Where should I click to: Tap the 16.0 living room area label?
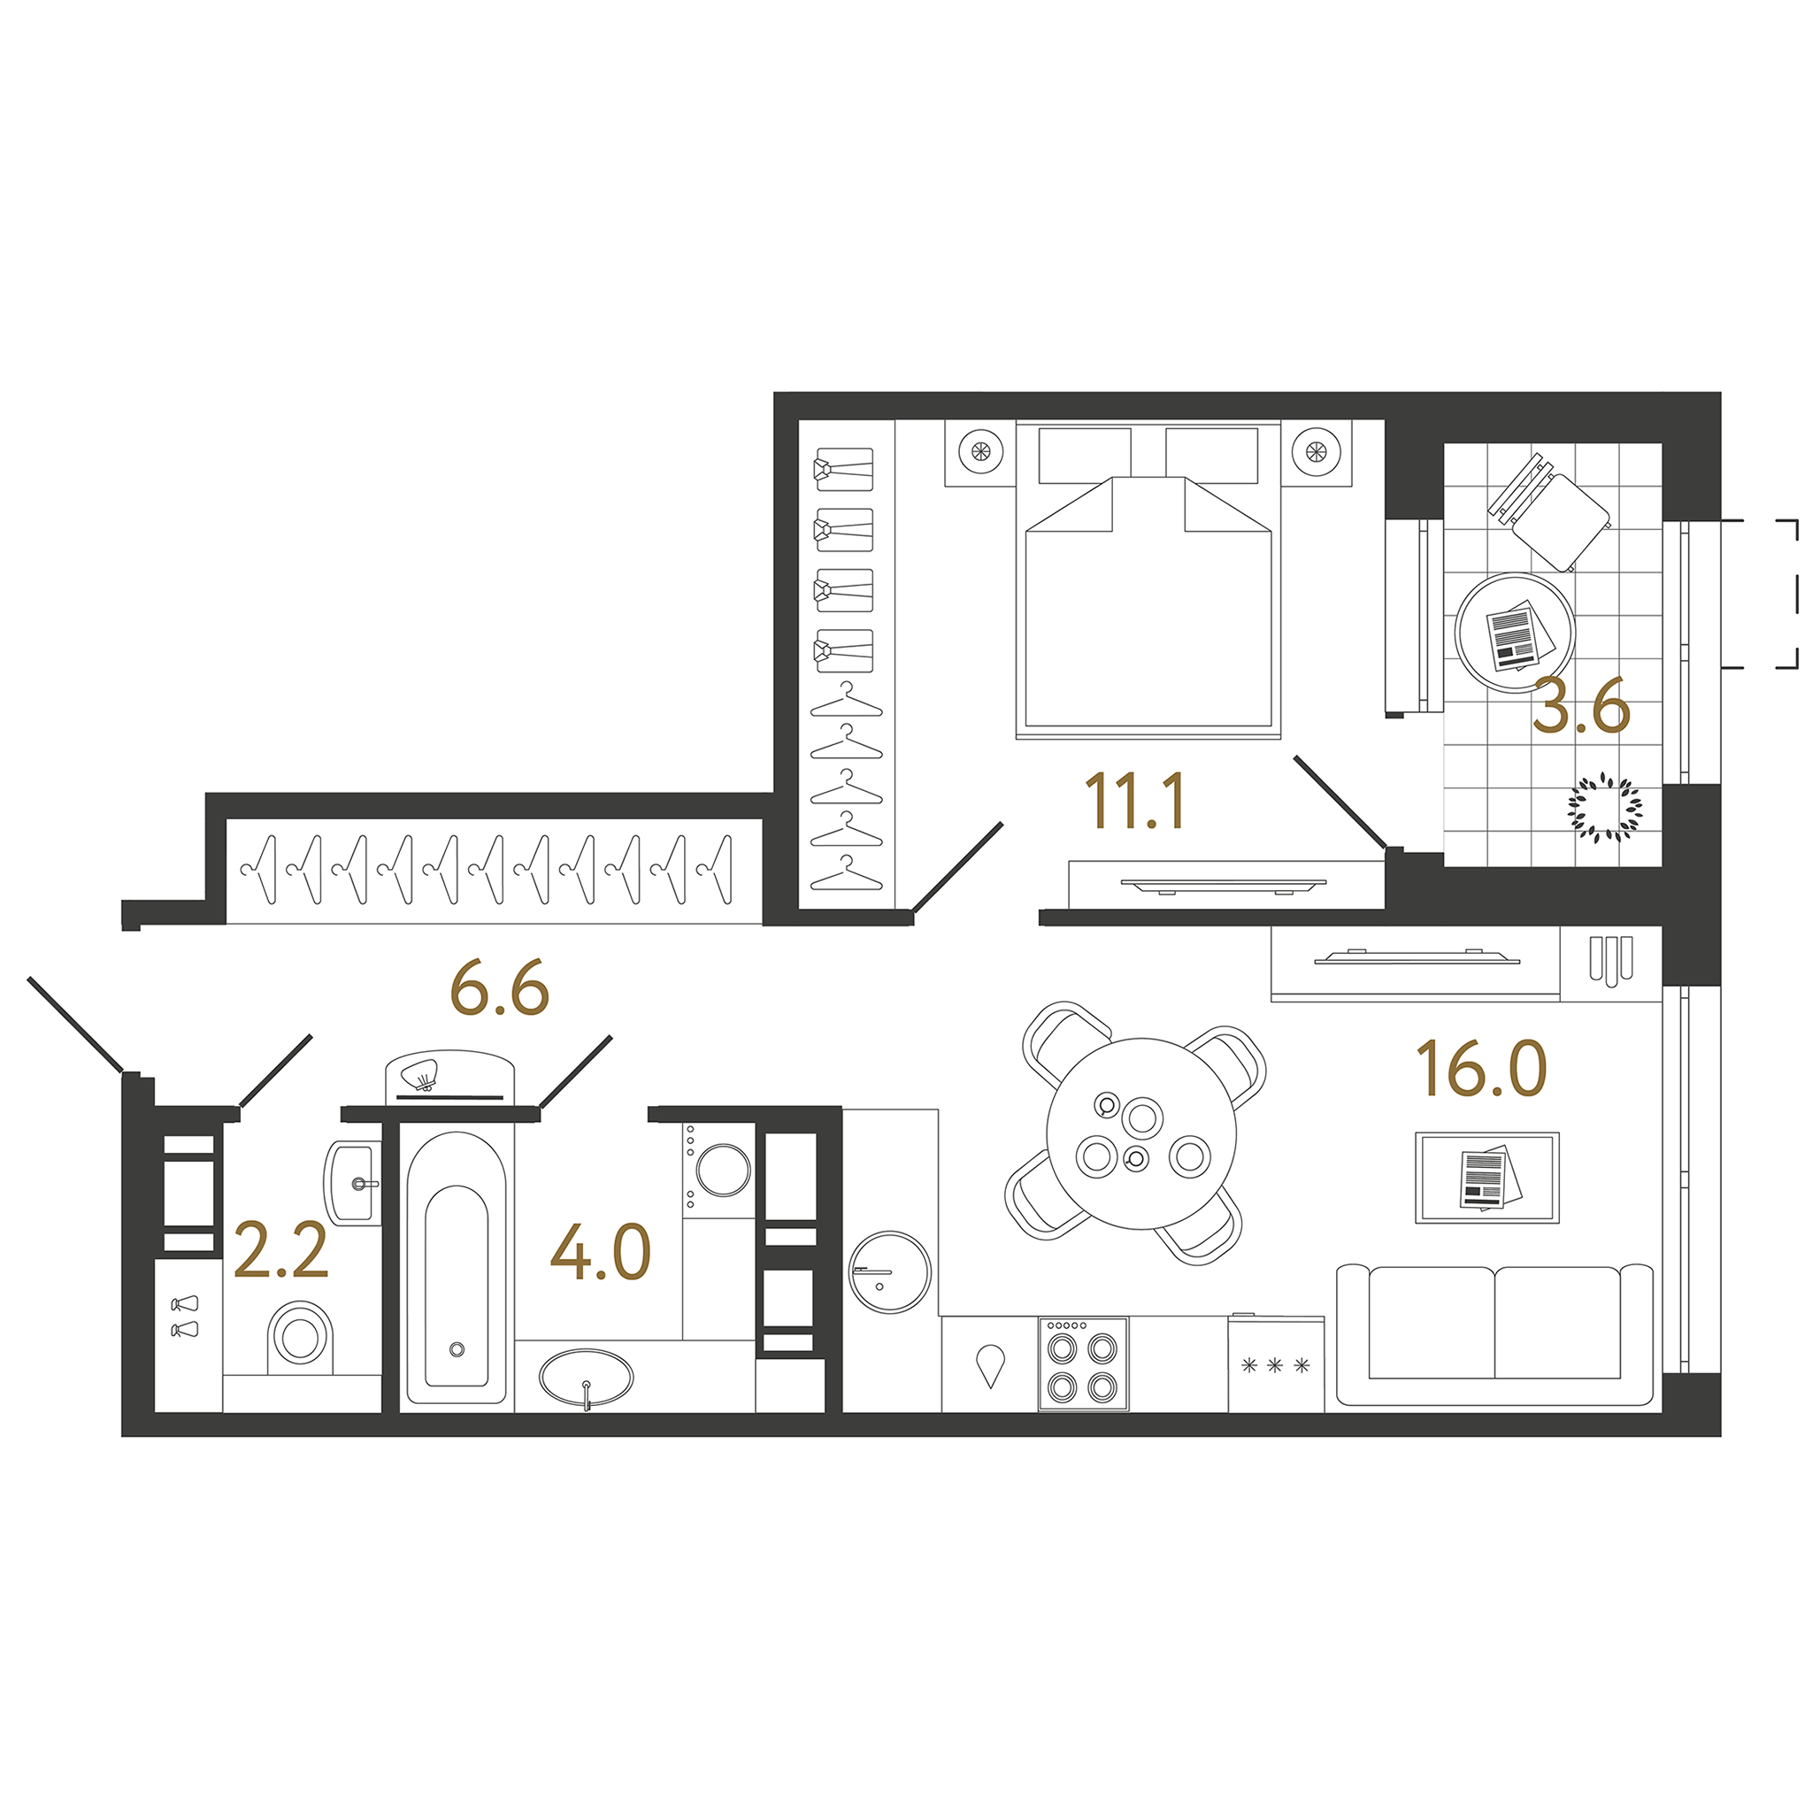click(1481, 1068)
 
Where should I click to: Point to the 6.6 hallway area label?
click(499, 989)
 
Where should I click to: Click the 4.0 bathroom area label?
click(600, 1252)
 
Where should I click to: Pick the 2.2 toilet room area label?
click(280, 1251)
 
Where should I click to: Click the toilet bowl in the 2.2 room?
click(301, 1338)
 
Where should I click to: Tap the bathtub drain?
click(457, 1350)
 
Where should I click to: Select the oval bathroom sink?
click(586, 1378)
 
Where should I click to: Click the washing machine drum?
click(723, 1170)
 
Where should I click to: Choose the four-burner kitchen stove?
click(1082, 1364)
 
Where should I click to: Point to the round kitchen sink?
click(889, 1271)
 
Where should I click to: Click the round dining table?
click(1140, 1133)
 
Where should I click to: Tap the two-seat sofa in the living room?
click(1494, 1335)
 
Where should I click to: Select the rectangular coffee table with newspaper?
click(1486, 1178)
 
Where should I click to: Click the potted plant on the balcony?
click(1604, 806)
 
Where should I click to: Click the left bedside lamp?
click(979, 451)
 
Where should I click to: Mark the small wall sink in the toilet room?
click(353, 1182)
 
